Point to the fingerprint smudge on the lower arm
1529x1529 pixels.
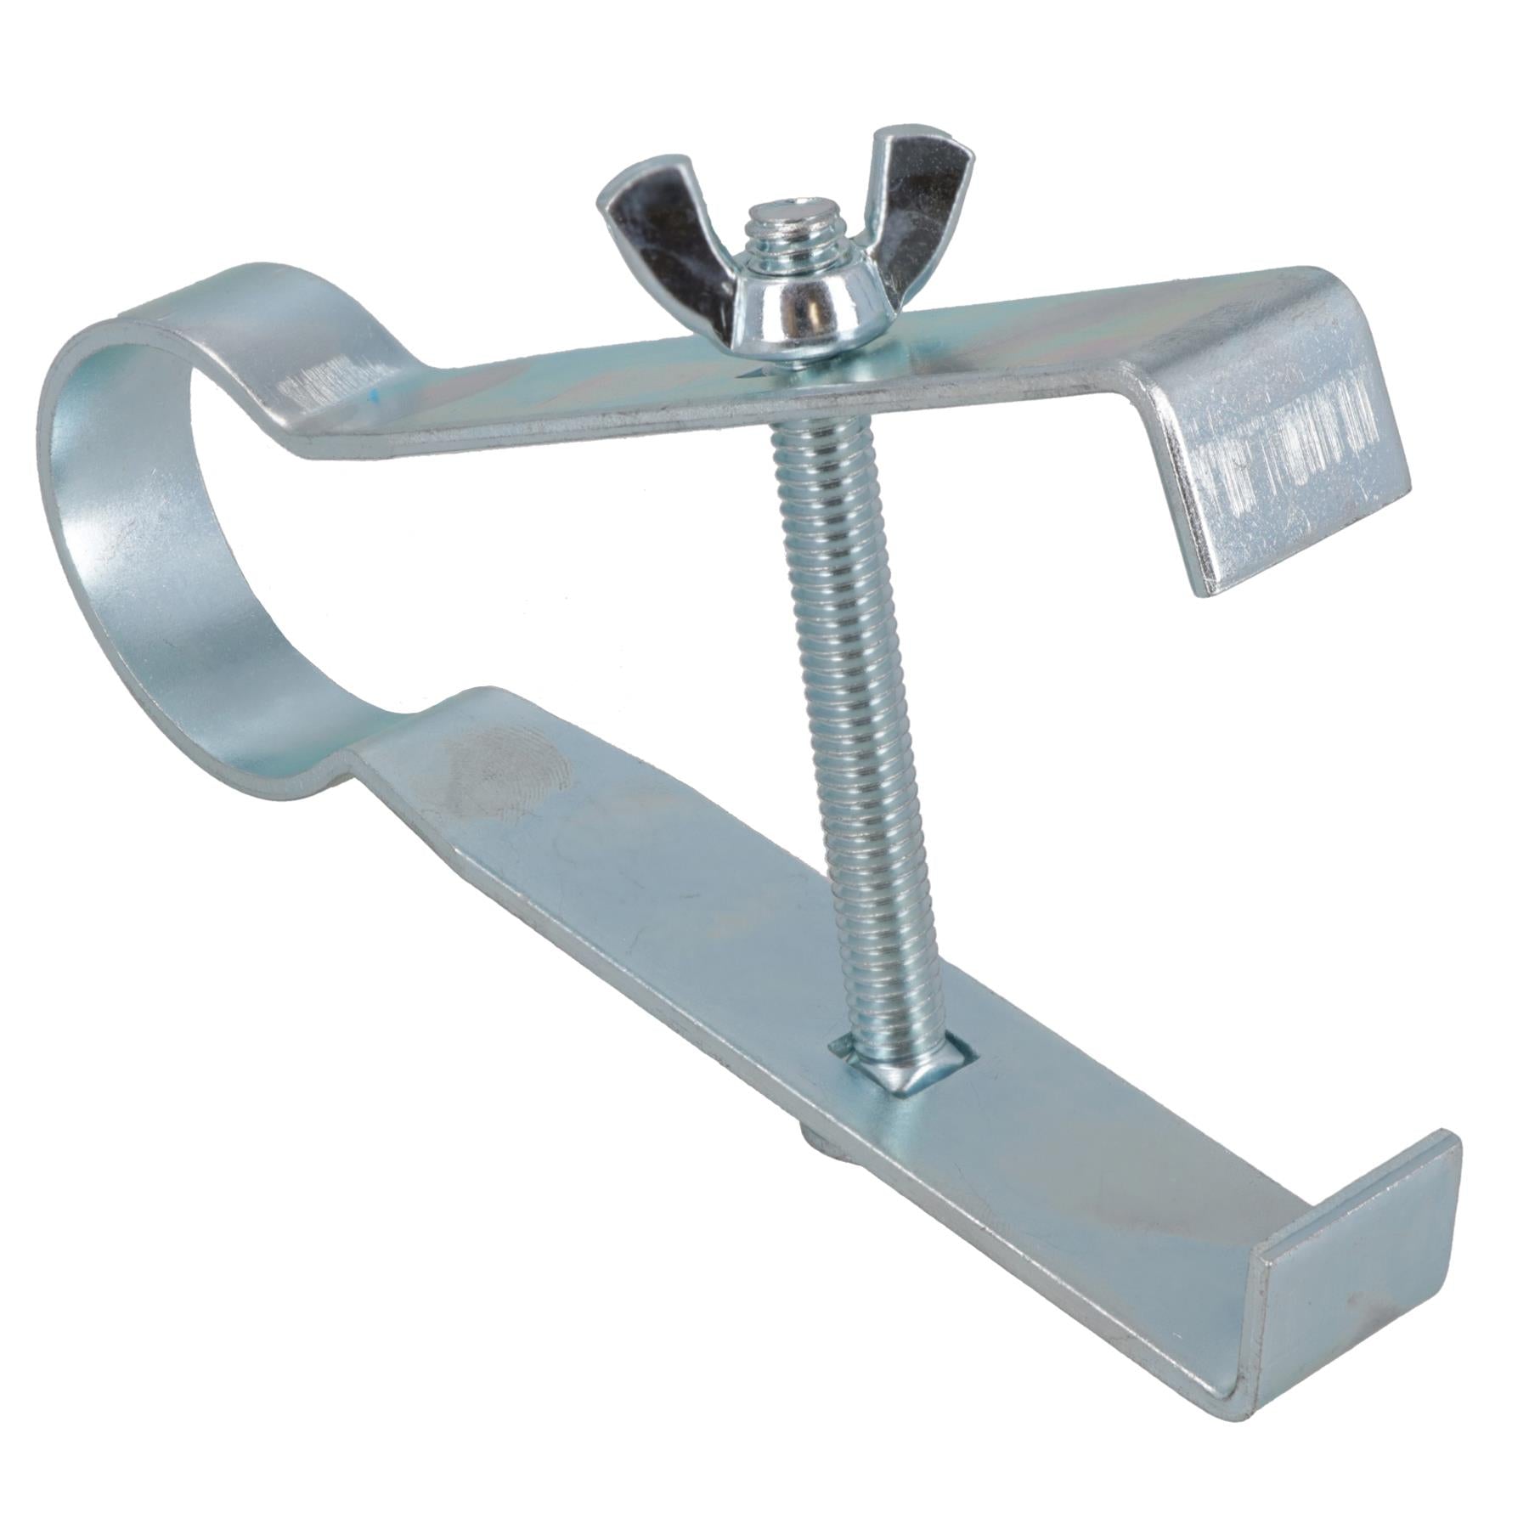(x=501, y=764)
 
